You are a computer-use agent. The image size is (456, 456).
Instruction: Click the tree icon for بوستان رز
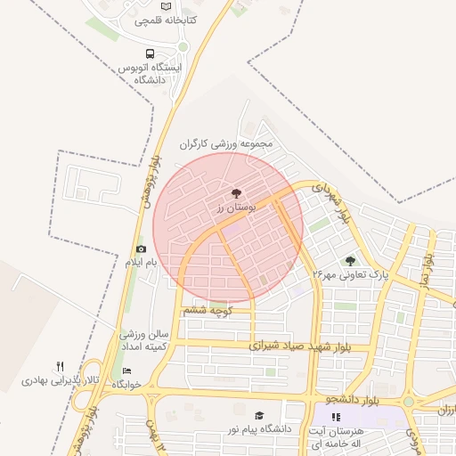coord(236,192)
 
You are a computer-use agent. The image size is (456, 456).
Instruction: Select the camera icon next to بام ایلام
coord(141,248)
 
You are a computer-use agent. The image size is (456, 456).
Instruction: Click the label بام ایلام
coord(140,263)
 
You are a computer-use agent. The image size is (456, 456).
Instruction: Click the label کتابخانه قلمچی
coord(167,20)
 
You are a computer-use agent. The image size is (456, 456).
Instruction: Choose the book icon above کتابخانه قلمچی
coord(167,6)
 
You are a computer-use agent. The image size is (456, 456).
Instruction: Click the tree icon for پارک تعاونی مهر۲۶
coord(350,261)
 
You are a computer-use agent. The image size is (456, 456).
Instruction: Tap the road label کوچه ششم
coord(208,310)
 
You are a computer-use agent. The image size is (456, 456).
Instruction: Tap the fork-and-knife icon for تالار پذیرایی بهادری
coord(60,366)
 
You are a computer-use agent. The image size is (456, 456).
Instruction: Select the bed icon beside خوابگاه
coord(127,371)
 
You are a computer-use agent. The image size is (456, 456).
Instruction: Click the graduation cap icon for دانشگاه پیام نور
coord(259,416)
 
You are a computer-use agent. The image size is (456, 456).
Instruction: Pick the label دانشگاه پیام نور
coord(260,429)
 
